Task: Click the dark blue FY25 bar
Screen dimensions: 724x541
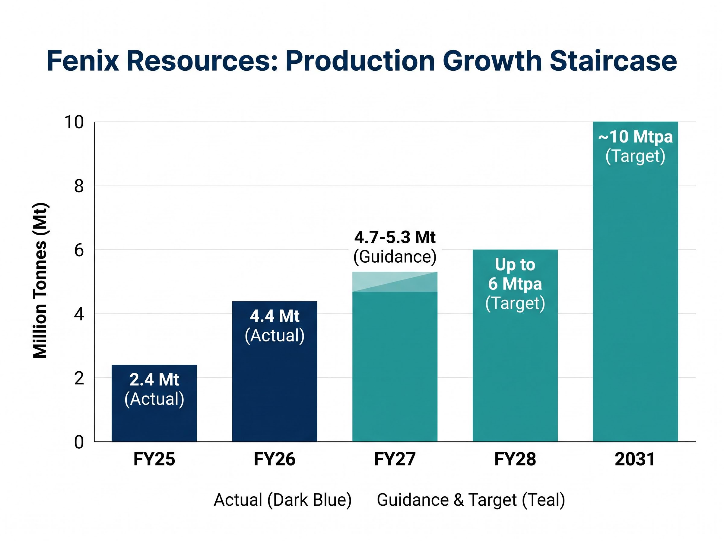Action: click(154, 403)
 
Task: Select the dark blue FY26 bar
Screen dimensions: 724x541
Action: click(275, 371)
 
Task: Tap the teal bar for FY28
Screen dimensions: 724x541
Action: click(515, 346)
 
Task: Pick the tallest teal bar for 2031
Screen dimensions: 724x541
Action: click(635, 282)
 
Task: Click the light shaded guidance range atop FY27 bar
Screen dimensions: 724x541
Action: click(395, 282)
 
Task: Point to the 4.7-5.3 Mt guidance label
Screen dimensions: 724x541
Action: click(395, 237)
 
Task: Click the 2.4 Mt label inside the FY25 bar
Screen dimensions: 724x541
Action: click(154, 379)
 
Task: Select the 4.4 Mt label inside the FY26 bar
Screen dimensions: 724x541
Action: click(275, 316)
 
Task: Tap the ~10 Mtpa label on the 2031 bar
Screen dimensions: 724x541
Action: click(635, 137)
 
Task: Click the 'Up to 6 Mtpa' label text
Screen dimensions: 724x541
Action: click(515, 274)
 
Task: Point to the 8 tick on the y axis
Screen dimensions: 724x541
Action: click(79, 186)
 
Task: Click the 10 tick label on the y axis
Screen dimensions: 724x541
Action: click(74, 122)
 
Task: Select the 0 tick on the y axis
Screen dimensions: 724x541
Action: click(79, 442)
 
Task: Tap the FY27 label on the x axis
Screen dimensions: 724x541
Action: click(395, 459)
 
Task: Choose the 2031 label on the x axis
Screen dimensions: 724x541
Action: click(635, 459)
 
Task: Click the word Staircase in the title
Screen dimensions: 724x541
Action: click(613, 61)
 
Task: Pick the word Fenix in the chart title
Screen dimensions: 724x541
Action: click(83, 61)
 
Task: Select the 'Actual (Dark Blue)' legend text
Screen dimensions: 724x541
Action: click(283, 500)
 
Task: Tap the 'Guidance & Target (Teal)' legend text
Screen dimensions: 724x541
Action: click(471, 500)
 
